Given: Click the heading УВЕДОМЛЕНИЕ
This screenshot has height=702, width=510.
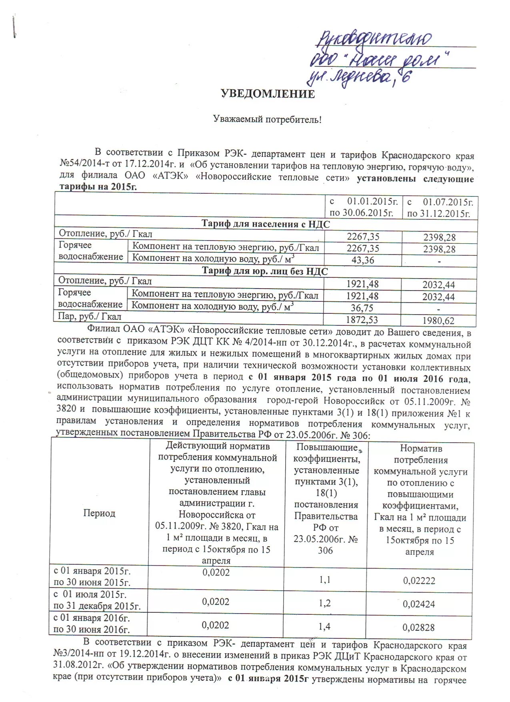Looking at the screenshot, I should [268, 94].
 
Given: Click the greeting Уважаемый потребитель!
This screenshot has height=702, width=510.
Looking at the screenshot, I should [267, 119].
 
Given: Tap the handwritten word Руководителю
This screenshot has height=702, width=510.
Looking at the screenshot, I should [374, 39].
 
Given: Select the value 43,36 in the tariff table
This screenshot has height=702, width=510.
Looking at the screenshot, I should [363, 260].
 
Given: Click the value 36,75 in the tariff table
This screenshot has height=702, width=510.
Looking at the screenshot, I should [362, 308].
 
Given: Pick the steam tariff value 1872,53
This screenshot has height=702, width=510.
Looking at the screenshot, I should [362, 320].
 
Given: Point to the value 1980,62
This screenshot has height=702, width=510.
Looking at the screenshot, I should [439, 321].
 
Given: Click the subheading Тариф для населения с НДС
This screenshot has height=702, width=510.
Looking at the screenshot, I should [266, 224].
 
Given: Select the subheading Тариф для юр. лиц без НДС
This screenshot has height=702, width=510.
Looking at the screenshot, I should [265, 271].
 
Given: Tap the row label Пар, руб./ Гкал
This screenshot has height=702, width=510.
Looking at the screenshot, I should [90, 317].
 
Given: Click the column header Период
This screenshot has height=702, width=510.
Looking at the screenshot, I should [99, 513].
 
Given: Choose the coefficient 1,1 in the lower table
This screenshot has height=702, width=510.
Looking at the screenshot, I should [325, 580].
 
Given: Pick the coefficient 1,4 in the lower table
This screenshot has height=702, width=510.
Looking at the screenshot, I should [325, 626].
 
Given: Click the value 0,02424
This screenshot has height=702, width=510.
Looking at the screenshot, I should [419, 604].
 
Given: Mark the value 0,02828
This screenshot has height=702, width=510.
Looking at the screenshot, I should [419, 627].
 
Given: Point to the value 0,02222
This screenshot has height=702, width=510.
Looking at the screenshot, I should [419, 580].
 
